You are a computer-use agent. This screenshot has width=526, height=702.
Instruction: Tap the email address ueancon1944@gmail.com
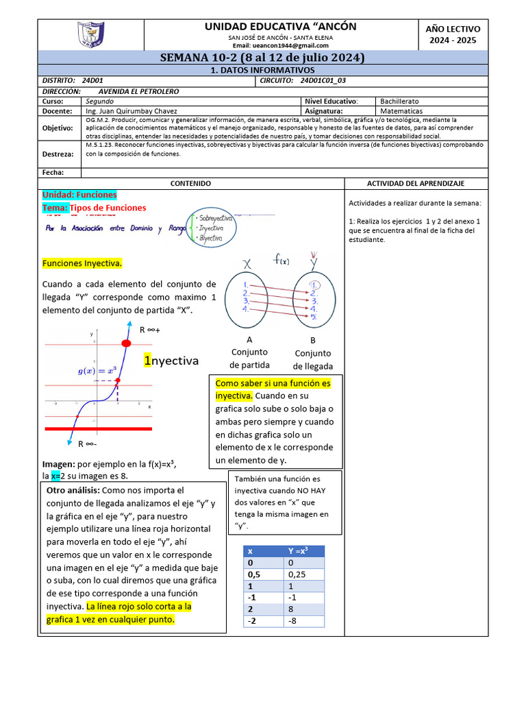[281, 45]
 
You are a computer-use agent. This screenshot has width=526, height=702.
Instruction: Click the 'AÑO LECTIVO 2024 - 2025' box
[453, 34]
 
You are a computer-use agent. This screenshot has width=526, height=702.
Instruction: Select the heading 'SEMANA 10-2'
[263, 58]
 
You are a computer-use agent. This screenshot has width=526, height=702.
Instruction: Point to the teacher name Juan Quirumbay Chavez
[131, 110]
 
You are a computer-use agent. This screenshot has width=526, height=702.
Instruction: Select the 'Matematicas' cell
[402, 110]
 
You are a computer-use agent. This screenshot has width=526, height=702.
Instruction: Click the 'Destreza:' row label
[58, 154]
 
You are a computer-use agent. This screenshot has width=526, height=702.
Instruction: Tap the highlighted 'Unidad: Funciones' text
[79, 195]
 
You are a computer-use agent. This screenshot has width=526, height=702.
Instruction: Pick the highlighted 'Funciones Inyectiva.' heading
[83, 263]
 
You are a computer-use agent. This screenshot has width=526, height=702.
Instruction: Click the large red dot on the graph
[126, 342]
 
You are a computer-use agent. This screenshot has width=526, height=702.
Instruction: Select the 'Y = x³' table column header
[298, 550]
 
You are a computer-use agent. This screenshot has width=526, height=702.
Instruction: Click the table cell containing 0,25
[298, 574]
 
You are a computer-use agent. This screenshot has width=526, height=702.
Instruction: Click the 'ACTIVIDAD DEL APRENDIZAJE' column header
[416, 184]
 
